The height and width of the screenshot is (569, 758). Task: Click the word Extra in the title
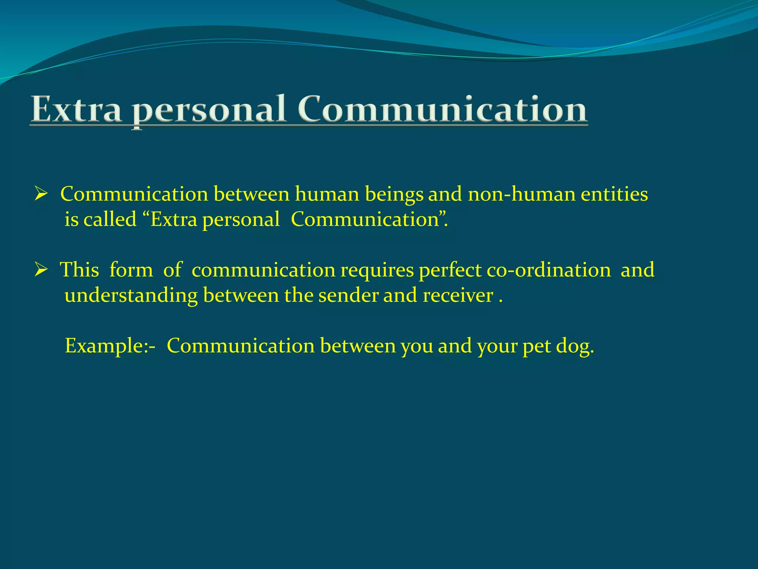(76, 109)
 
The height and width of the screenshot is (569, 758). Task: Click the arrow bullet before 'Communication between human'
(41, 194)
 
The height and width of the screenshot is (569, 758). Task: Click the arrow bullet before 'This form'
(41, 269)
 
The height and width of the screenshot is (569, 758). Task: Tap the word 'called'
(110, 219)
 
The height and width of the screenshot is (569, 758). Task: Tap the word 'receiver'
(458, 295)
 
